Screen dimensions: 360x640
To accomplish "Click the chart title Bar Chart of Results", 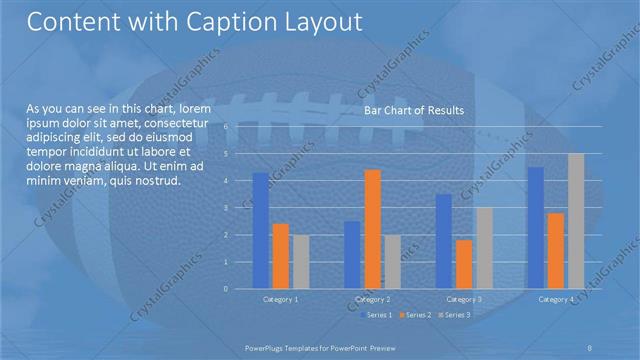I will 413,110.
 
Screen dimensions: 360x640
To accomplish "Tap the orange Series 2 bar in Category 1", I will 280,256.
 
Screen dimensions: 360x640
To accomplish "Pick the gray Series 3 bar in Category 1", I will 300,262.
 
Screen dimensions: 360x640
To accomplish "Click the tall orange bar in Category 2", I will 372,229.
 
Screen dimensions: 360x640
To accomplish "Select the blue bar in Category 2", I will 352,255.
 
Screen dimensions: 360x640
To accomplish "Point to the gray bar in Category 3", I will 484,248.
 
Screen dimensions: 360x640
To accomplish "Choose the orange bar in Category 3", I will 464,264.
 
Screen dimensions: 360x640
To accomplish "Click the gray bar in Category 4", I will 576,221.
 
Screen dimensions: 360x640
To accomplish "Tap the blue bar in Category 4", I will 536,228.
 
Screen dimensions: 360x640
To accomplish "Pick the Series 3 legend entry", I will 453,315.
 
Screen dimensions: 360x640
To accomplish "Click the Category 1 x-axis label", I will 280,299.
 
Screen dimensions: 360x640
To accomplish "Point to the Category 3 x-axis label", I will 464,299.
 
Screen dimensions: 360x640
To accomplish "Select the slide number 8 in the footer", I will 590,346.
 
